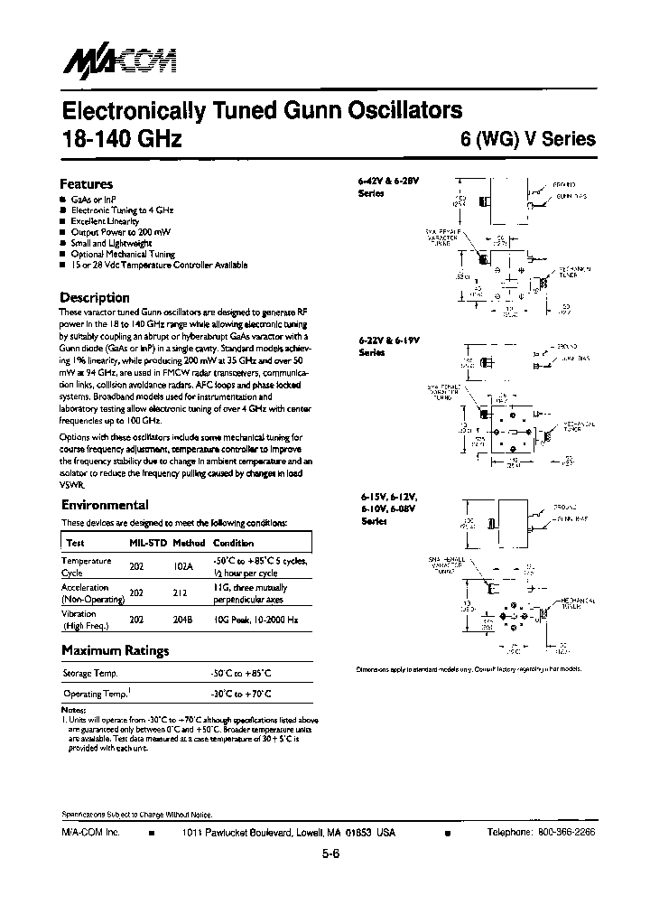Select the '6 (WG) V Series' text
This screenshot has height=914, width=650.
click(x=523, y=140)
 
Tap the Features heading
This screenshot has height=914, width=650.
click(x=86, y=183)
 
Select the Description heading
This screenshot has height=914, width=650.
click(x=94, y=298)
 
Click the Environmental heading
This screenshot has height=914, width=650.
click(x=104, y=506)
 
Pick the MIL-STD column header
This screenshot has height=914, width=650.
click(x=146, y=544)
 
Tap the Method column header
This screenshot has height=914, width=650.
click(x=189, y=544)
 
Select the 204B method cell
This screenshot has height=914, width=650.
click(x=185, y=620)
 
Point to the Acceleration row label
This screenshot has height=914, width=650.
click(x=86, y=587)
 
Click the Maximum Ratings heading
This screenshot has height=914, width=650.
click(x=115, y=650)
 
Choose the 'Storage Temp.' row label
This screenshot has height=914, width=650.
click(x=90, y=674)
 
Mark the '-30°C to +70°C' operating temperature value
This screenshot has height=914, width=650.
click(x=241, y=694)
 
